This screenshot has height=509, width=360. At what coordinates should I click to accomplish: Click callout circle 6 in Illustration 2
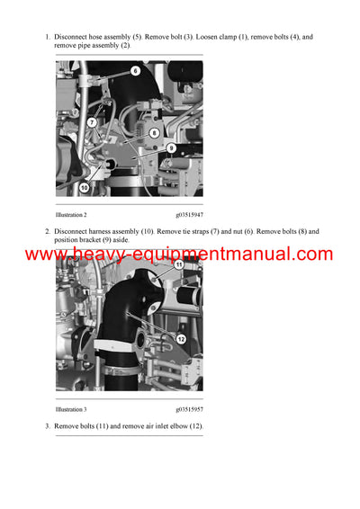(135, 70)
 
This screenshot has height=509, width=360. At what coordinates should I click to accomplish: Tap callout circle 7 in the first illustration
(92, 122)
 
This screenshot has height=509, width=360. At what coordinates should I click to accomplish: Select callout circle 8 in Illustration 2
(154, 132)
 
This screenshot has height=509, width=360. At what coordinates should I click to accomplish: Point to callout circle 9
(170, 147)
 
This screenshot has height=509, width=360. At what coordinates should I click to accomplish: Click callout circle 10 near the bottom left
(84, 187)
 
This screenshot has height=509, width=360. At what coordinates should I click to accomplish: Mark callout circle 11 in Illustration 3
(178, 265)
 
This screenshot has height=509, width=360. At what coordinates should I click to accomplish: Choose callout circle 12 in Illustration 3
(181, 339)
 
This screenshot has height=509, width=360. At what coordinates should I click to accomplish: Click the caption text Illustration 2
(71, 215)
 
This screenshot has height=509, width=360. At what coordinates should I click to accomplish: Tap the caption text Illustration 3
(71, 409)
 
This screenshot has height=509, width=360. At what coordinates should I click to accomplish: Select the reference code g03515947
(189, 215)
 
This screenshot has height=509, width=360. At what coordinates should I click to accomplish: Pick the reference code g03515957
(189, 409)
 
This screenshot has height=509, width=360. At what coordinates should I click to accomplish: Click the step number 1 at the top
(47, 37)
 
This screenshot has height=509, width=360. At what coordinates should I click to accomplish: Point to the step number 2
(47, 231)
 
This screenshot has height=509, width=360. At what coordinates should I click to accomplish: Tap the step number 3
(47, 425)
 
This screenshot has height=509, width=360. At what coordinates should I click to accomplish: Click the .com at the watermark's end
(311, 254)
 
